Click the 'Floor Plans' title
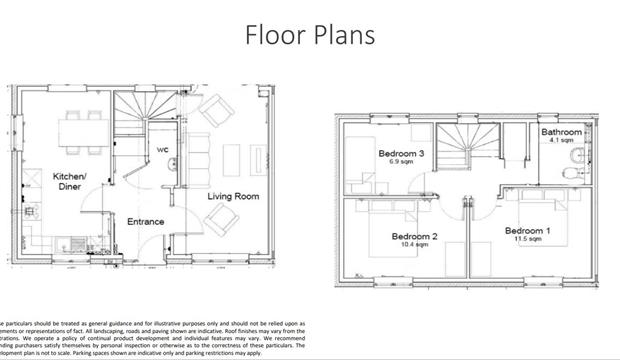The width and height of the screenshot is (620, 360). [x=310, y=35]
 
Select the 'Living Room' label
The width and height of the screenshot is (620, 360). [x=233, y=196]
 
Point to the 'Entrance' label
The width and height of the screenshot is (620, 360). [x=145, y=222]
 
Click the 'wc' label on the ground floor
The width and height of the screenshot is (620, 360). [x=163, y=150]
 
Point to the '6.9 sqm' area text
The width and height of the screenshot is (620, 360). [x=400, y=162]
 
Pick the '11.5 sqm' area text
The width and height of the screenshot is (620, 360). [x=528, y=240]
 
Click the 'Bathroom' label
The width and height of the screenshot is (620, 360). [x=561, y=132]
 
